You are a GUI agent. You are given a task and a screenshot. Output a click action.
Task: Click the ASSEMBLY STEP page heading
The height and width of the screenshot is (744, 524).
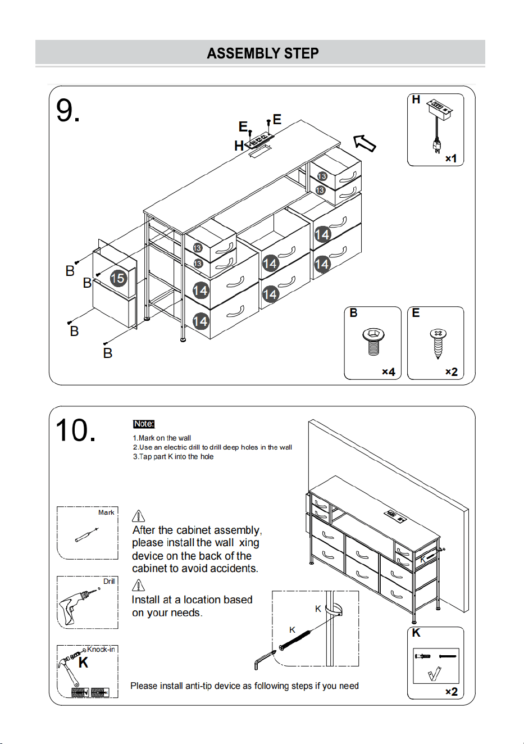tap(263, 53)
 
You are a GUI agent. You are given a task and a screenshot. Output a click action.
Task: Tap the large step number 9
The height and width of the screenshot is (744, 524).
tap(67, 111)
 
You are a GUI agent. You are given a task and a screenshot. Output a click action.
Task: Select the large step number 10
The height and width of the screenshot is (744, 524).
tap(76, 430)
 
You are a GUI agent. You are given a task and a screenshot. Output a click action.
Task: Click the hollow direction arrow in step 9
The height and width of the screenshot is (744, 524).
tap(364, 143)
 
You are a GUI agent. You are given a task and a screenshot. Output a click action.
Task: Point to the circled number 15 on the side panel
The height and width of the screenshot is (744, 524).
tap(118, 278)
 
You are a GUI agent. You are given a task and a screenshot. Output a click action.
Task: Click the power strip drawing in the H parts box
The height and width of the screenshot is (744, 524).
tap(438, 125)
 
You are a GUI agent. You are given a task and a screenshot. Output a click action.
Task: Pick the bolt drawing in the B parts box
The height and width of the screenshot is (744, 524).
tap(373, 342)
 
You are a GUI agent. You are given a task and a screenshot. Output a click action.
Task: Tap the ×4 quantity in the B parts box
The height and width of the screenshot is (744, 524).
tap(388, 371)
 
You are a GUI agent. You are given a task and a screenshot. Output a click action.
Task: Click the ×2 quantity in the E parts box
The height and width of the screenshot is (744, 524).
tap(452, 371)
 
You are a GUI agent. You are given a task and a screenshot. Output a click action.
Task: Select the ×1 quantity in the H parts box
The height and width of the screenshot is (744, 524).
tap(451, 158)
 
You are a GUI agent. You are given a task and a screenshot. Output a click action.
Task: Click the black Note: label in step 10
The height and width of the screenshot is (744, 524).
tap(144, 424)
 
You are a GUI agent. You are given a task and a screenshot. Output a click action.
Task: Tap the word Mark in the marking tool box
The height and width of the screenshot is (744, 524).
tap(106, 512)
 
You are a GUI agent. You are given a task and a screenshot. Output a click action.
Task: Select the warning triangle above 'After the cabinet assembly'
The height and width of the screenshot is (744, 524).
tap(139, 516)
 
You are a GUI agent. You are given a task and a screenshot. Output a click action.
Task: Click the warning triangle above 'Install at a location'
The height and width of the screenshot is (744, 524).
tap(139, 585)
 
